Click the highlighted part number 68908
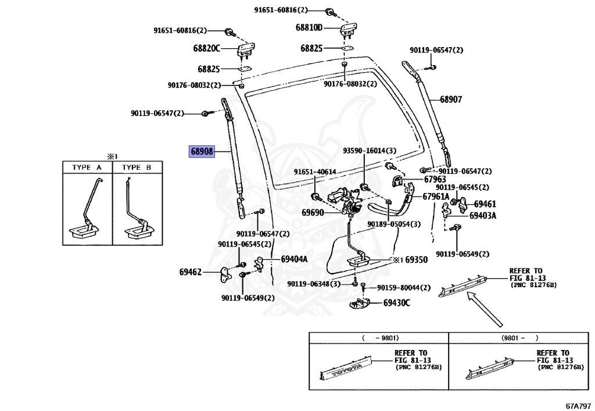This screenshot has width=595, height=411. [202, 151]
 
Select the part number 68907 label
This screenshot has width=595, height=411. [451, 99]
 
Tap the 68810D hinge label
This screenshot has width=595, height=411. [309, 28]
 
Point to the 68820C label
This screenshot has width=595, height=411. [206, 48]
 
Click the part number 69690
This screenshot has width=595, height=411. [313, 213]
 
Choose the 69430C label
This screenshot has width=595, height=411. [396, 302]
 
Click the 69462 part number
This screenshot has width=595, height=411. [191, 272]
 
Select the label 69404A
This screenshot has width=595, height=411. [294, 259]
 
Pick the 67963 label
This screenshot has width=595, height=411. [435, 179]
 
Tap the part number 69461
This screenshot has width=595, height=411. [485, 204]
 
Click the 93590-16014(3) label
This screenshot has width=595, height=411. [370, 151]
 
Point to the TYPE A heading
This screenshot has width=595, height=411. [87, 167]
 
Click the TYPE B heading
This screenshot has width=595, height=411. [137, 167]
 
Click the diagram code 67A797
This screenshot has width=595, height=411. [578, 406]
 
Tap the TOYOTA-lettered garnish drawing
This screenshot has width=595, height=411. [346, 369]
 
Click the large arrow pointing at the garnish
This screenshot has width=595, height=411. [485, 309]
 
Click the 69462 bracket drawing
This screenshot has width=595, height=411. [225, 275]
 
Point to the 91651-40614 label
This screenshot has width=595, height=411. [315, 172]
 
